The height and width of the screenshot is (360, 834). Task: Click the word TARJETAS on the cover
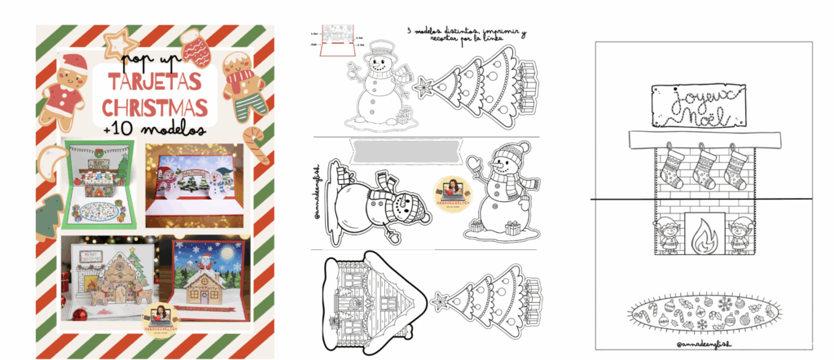click(151, 84)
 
